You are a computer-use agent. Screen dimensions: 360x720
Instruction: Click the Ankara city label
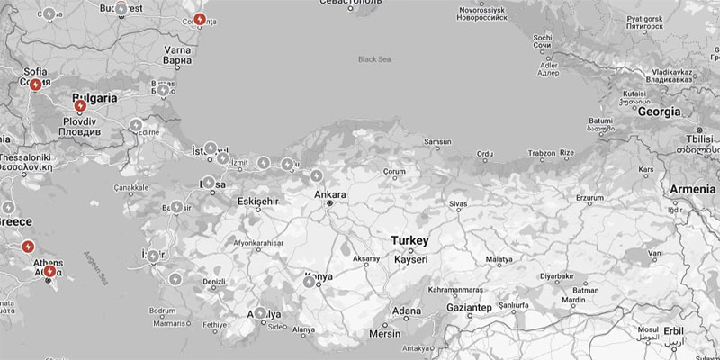point(330,193)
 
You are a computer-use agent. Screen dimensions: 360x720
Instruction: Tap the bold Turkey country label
point(409,241)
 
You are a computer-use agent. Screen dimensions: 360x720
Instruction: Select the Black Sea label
point(375,59)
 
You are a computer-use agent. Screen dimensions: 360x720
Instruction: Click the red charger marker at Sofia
point(35,85)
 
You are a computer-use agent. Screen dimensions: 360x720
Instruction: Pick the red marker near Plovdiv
point(80,106)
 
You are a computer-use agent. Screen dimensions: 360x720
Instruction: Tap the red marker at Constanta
point(199,20)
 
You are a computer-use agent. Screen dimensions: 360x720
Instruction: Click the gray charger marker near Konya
point(310,282)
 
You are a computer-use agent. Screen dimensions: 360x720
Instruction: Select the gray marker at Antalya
point(261,313)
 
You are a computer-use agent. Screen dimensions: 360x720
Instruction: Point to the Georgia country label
point(657,112)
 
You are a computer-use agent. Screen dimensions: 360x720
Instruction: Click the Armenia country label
point(692,190)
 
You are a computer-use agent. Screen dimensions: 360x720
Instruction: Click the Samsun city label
point(437,142)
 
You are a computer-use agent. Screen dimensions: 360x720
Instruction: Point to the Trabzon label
point(542,153)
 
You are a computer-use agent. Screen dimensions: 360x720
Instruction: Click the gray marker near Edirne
point(136,125)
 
